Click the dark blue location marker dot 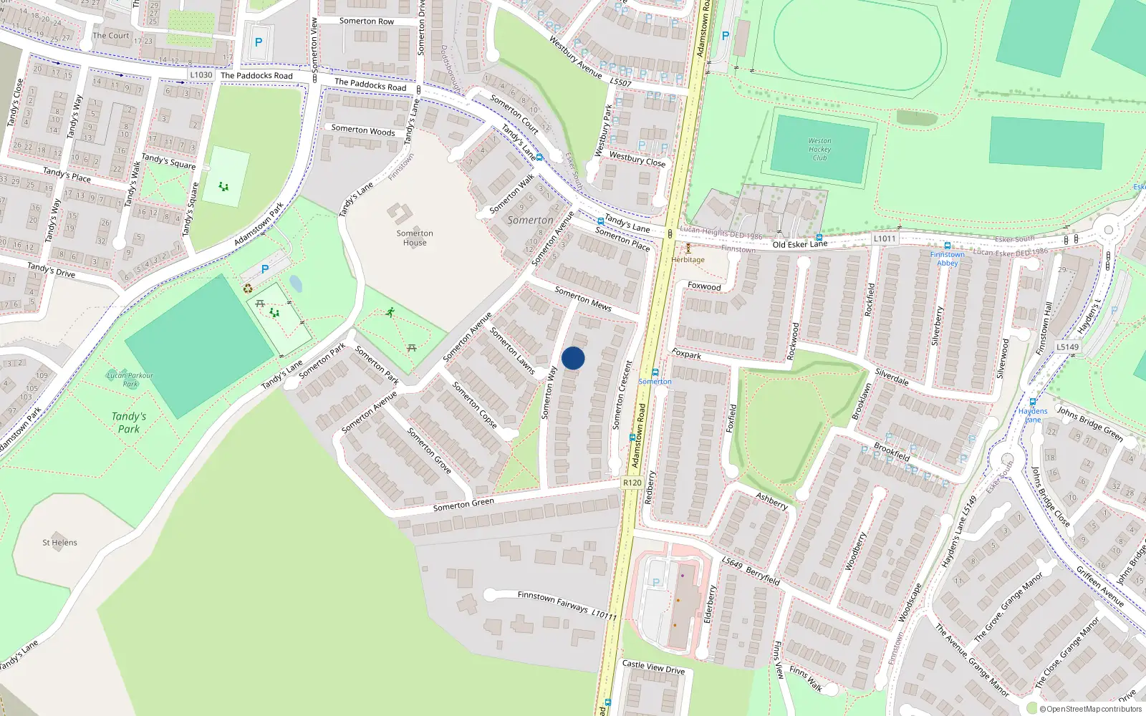point(573,358)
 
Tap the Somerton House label point(415,238)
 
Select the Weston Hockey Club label point(819,150)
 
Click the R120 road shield point(632,483)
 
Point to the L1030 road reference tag point(201,74)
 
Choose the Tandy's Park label point(129,422)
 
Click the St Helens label point(59,543)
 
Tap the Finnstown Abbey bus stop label point(947,258)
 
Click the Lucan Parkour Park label point(130,379)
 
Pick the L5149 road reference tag point(1067,347)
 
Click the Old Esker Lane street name point(799,244)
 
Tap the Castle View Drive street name point(653,667)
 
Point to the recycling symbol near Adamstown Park point(248,289)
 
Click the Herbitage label point(688,260)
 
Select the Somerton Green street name point(463,505)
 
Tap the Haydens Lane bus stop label point(1032,415)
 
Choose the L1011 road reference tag point(885,238)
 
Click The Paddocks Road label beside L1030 point(256,75)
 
